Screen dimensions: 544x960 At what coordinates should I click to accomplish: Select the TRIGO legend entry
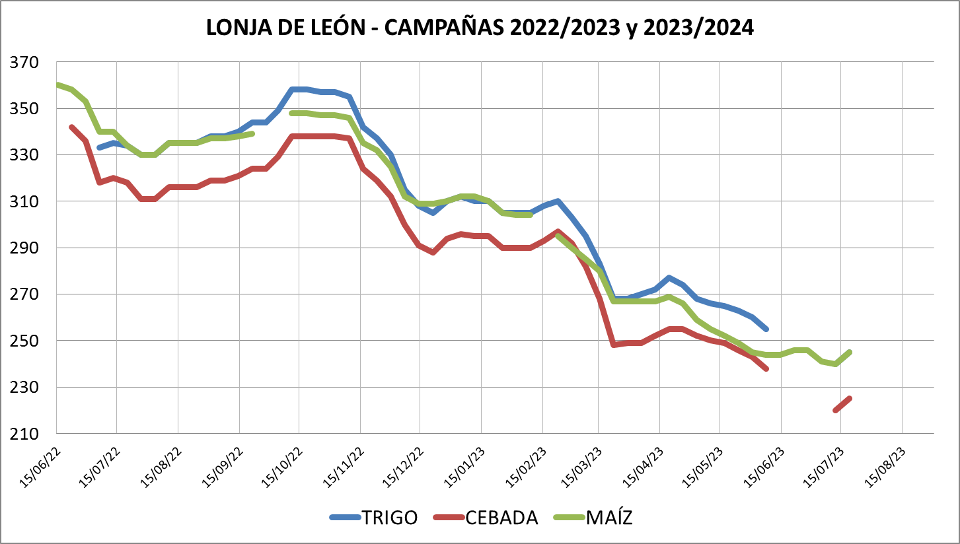374,518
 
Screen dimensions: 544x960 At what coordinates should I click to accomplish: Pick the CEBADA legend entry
486,518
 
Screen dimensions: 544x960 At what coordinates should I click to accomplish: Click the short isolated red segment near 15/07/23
842,404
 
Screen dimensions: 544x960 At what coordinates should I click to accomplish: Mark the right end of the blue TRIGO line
766,329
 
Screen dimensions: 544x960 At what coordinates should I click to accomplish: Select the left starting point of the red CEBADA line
71,127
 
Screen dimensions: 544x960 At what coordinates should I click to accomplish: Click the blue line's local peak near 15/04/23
669,278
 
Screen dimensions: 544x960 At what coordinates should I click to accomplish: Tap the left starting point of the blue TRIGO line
99,147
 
